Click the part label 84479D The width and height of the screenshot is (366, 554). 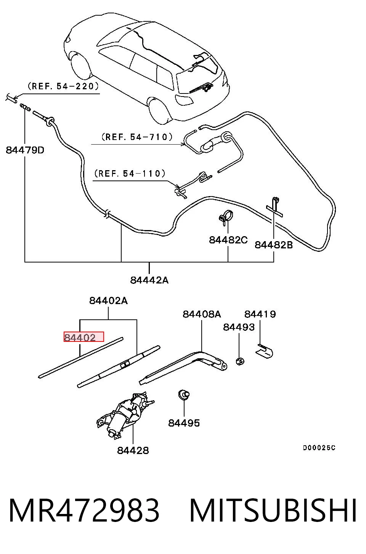click(x=25, y=150)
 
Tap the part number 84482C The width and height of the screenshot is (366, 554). click(x=228, y=240)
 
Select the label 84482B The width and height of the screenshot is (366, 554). click(x=274, y=245)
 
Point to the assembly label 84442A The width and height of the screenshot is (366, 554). click(x=149, y=280)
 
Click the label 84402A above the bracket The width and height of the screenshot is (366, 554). click(x=109, y=301)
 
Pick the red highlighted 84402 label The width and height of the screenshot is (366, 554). click(x=80, y=337)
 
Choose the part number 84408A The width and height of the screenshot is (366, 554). click(x=202, y=314)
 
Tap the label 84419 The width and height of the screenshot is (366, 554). click(x=260, y=314)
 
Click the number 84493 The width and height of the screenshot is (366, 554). click(x=239, y=327)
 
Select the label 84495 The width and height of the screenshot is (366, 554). click(x=184, y=423)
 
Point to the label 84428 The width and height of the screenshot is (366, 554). click(x=133, y=450)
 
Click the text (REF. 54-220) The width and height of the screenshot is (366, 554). click(x=63, y=86)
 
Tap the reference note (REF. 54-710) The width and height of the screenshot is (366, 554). click(x=137, y=137)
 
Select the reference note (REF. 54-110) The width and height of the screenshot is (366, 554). click(x=130, y=173)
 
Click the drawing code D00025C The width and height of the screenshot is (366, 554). click(x=319, y=448)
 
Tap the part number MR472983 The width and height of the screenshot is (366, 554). click(x=84, y=510)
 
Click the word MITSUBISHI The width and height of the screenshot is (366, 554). click(x=273, y=510)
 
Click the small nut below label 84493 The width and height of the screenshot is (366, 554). click(x=240, y=361)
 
